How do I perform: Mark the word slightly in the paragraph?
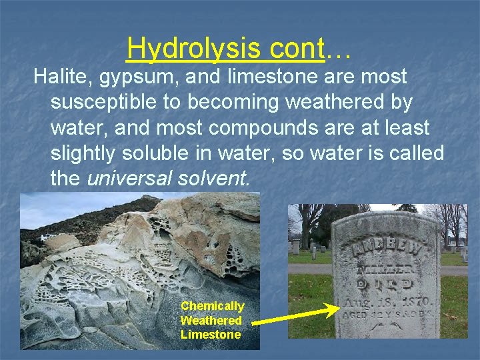point(83,153)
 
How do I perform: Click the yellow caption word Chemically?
point(212,306)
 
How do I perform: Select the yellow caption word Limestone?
point(211,335)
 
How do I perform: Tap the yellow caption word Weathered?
point(211,321)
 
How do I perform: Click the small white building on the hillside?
point(47,237)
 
